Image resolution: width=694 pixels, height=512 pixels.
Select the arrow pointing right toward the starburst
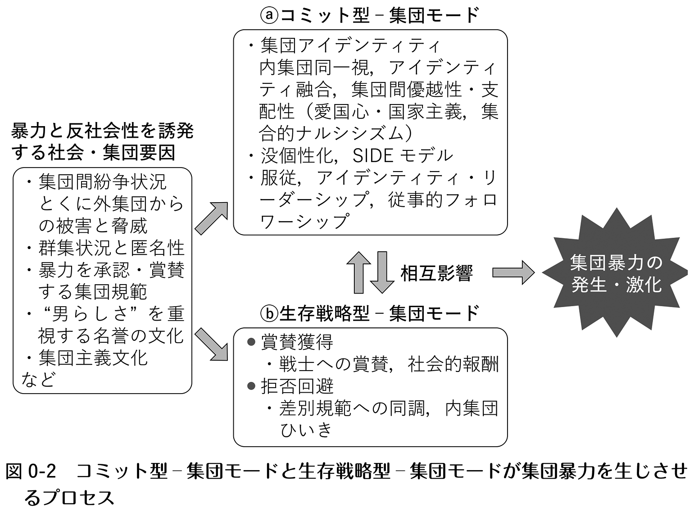pos(513,272)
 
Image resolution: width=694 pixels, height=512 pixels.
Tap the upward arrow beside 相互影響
pos(359,272)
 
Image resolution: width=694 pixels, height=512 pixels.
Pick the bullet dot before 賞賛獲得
pos(251,342)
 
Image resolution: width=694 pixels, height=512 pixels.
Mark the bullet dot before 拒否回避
pos(251,386)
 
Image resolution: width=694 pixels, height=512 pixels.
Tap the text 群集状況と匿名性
pos(112,248)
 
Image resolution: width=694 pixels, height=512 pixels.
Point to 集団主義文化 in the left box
pos(93,358)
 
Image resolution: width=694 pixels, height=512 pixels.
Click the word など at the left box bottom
pos(38,380)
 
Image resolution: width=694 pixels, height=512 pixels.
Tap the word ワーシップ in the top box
pos(304,221)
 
